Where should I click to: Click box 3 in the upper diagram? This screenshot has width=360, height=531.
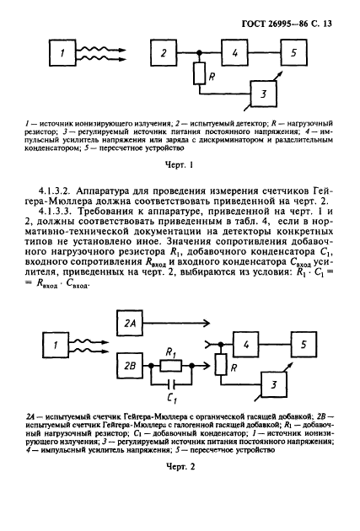(264, 94)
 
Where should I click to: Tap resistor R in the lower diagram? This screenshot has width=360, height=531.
(220, 366)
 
